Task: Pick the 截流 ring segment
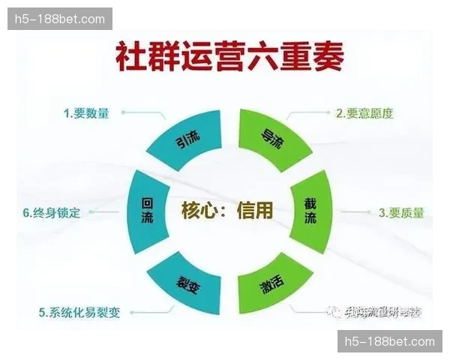coord(310,210)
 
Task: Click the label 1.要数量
coord(86,113)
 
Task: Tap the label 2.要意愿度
coord(364,113)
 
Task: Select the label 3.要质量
coord(401,213)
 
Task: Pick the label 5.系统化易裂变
coord(79,312)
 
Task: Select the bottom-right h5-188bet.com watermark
coord(389,341)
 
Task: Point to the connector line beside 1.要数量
coord(142,114)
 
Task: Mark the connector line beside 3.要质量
coord(352,213)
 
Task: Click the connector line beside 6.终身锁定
coord(104,213)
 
